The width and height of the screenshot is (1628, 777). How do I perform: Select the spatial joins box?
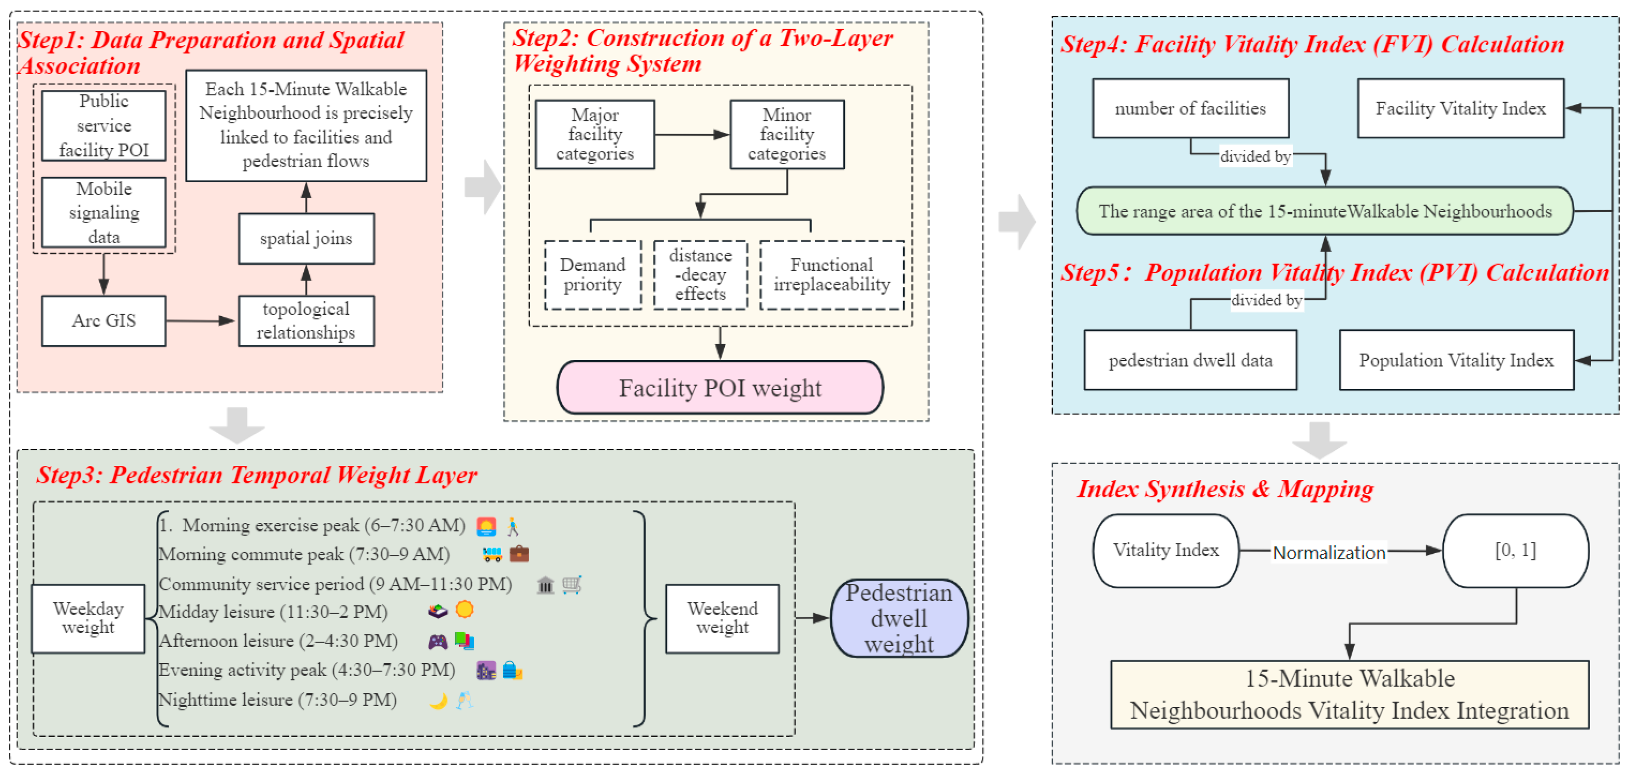306,239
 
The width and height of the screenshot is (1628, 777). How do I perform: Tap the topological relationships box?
306,321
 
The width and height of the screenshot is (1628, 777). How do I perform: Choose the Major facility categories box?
595,134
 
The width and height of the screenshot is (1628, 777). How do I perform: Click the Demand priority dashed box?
593,275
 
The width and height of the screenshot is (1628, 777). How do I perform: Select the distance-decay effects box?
700,275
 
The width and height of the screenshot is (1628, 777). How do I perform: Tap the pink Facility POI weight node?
720,388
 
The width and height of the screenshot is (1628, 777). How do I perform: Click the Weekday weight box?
88,618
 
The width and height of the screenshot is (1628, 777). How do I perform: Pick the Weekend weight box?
723,618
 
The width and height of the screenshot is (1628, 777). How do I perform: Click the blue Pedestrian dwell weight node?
899,618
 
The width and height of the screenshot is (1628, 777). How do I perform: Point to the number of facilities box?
1191,109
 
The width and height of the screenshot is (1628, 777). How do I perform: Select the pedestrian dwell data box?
1191,360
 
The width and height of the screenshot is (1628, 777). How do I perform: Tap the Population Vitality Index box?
1456,360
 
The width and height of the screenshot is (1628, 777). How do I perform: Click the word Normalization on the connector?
1329,553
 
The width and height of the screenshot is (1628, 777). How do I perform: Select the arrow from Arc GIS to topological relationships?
200,321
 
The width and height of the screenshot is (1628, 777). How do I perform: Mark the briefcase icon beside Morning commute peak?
519,554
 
